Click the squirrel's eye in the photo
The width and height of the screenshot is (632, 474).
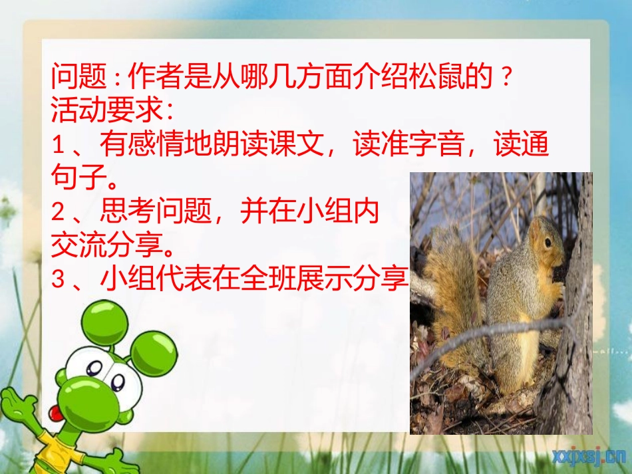(547, 243)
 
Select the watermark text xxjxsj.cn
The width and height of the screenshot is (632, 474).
(588, 455)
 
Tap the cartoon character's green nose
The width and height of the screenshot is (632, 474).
(82, 393)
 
